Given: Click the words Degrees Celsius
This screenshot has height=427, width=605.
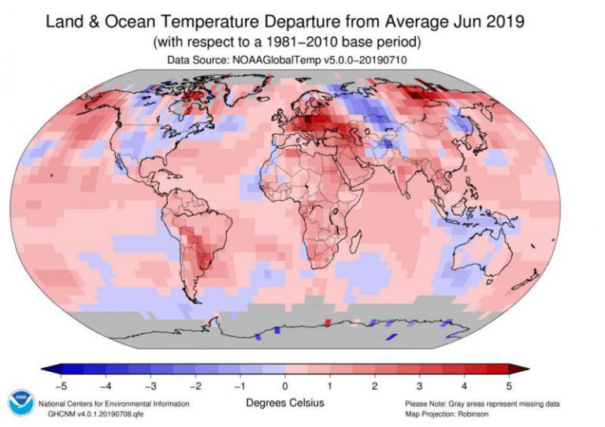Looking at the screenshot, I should pyautogui.click(x=284, y=403).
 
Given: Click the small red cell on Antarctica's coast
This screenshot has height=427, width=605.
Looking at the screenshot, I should pyautogui.click(x=327, y=322).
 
